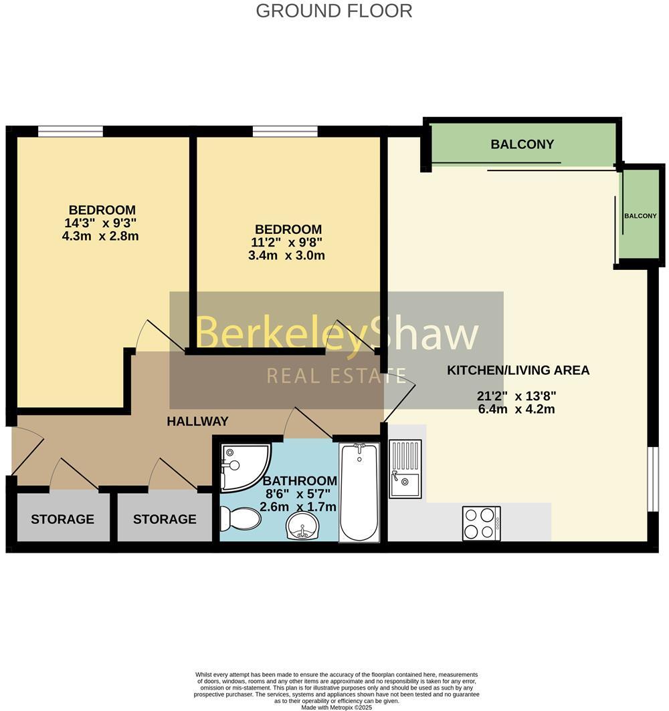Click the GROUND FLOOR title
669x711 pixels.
point(334,11)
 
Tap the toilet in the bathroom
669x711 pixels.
point(240,518)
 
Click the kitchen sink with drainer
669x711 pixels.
point(405,468)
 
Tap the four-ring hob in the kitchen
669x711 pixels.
point(481,523)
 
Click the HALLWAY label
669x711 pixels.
point(197,422)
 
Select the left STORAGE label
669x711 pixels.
point(62,519)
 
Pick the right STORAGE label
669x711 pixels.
point(165,519)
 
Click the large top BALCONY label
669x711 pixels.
point(522,144)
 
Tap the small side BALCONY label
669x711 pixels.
point(640,216)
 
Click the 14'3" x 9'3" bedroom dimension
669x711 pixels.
point(102,223)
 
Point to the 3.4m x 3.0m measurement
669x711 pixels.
point(286,255)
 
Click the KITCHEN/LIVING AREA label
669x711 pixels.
point(518,370)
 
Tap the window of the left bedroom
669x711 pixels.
point(70,132)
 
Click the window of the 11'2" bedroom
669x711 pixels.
point(285,132)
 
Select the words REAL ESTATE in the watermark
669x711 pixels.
point(337,376)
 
